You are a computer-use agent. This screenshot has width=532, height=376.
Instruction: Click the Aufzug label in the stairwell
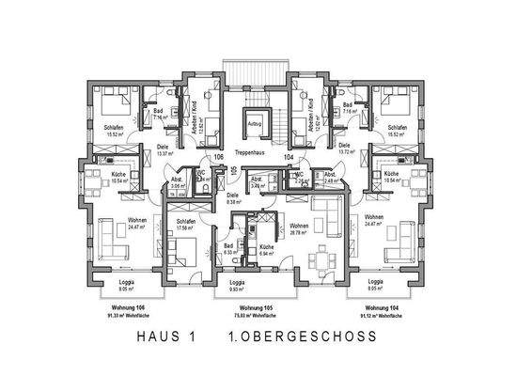pos(254,123)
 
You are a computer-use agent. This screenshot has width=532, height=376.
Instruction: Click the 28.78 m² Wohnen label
pos(300,228)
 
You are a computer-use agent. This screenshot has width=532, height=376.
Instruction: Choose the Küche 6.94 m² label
pos(267,252)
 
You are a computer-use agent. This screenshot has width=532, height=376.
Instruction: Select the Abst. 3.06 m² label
pos(177,182)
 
